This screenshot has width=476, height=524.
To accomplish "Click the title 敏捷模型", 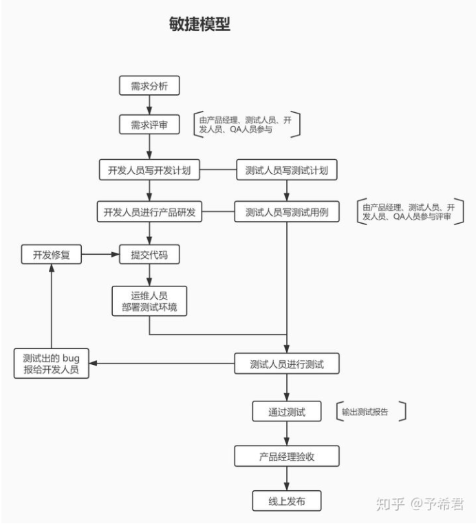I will coord(199,24).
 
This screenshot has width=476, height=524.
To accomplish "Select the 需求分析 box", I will coord(149,86).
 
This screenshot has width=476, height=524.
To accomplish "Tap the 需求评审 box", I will coord(149,125).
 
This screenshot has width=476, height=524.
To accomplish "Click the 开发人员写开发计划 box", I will coord(149,170).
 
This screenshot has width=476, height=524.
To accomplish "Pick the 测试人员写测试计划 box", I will coord(287,170).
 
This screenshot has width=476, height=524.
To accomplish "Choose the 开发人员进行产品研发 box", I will coord(149,212).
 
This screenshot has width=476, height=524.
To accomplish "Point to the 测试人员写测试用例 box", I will coord(287,212).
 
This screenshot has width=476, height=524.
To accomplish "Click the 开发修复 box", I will coord(52,255).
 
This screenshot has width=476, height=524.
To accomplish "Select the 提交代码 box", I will coord(149,255).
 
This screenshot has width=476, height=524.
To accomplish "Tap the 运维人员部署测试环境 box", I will coord(149,301).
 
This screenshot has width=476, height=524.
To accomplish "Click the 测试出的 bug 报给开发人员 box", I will coord(52,364).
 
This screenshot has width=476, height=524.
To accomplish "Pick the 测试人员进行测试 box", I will coord(287,364).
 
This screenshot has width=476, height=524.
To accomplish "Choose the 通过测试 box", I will coord(287,412).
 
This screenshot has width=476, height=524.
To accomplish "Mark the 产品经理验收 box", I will coord(287,456).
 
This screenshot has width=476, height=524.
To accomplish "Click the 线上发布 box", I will coord(287,501).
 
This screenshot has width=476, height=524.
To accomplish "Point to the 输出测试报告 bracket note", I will coord(371,412).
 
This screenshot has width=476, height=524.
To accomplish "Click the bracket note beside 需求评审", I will coord(246,124).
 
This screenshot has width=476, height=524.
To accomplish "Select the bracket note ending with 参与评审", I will coord(409,211).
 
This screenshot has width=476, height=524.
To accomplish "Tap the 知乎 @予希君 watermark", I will coord(419,504).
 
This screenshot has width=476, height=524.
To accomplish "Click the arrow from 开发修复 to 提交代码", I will coord(100,255).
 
